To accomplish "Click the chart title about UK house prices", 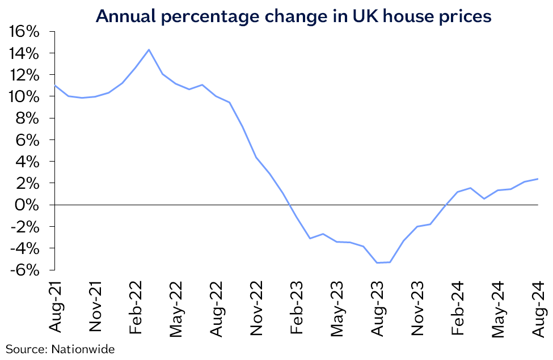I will [x=293, y=16].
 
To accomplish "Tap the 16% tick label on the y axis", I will [x=24, y=32].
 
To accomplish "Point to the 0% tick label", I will [x=28, y=205].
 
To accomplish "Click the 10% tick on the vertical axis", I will [x=24, y=96].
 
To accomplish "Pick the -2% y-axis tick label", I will [x=26, y=226].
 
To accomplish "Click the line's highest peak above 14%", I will [x=149, y=50].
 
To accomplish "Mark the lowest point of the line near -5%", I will [x=377, y=262].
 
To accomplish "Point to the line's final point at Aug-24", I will [x=538, y=179].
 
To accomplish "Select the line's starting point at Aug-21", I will [x=55, y=86].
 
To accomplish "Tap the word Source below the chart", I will [x=24, y=349].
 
